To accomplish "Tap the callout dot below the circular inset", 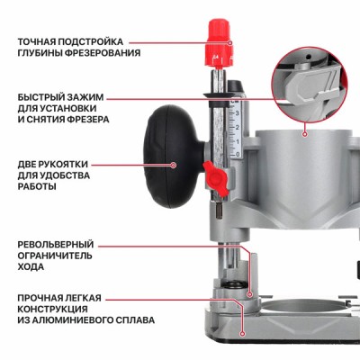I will pyautogui.click(x=304, y=132).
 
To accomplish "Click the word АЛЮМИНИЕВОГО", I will pyautogui.click(x=73, y=319).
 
